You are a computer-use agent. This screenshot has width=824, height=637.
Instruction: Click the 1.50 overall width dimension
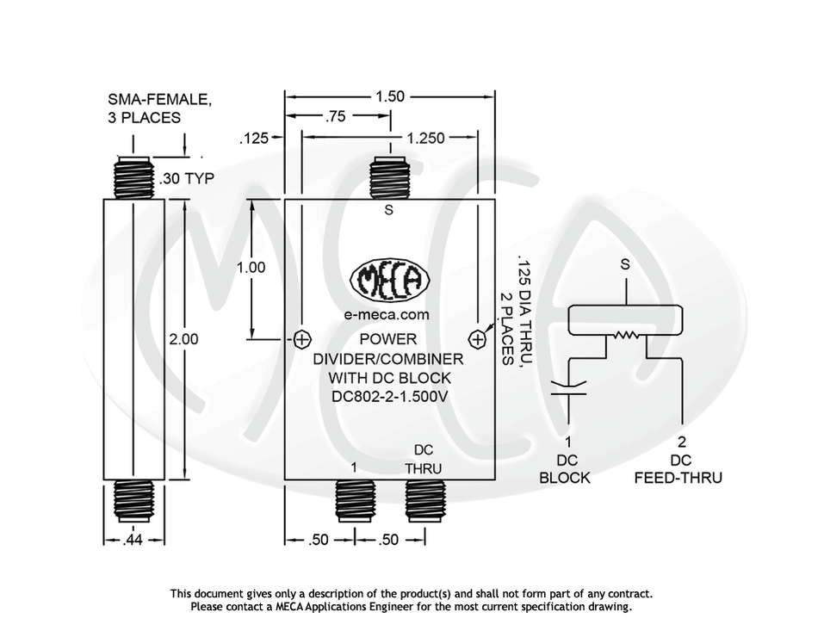coord(389,96)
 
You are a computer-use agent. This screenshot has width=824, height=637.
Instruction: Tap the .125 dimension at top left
coord(253,138)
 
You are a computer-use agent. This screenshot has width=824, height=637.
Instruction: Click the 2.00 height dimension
coord(183,339)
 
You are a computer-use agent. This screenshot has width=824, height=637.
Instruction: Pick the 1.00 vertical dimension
coord(251,268)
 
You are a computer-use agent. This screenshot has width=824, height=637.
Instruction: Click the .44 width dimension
coord(133,540)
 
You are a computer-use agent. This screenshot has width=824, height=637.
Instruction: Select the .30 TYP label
coord(186,179)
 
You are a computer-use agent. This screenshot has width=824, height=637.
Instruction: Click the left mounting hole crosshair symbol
coord(302,338)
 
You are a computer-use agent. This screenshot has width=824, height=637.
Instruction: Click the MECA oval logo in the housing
coord(389,280)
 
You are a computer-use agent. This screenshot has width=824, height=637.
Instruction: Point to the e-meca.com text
coord(387,315)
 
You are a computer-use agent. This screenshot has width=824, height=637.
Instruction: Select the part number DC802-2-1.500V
coord(389,397)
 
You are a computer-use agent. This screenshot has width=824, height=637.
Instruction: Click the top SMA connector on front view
coord(389,179)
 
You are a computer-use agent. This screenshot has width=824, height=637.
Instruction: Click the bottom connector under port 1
coord(355,498)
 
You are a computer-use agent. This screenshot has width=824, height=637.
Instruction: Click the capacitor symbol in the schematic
coord(567,387)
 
